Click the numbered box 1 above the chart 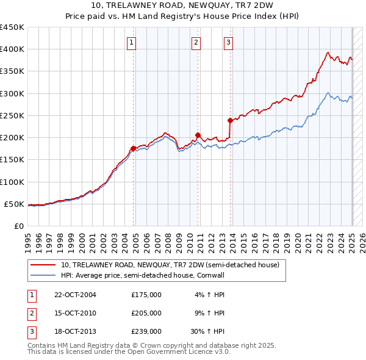point(131,42)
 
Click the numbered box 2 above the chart point(196,42)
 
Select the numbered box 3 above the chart point(228,42)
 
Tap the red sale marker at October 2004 point(134,148)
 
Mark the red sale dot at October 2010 point(198,135)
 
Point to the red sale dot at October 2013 point(230,120)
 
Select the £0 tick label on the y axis point(18,226)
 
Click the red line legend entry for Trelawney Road point(170,265)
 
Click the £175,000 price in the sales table point(146,295)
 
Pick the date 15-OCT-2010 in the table point(76,313)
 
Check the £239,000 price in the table point(146,331)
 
